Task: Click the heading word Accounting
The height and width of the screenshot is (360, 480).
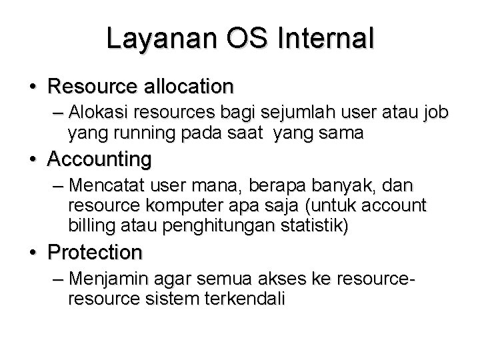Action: pos(99,160)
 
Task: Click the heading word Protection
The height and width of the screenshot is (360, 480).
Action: pos(95,253)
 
